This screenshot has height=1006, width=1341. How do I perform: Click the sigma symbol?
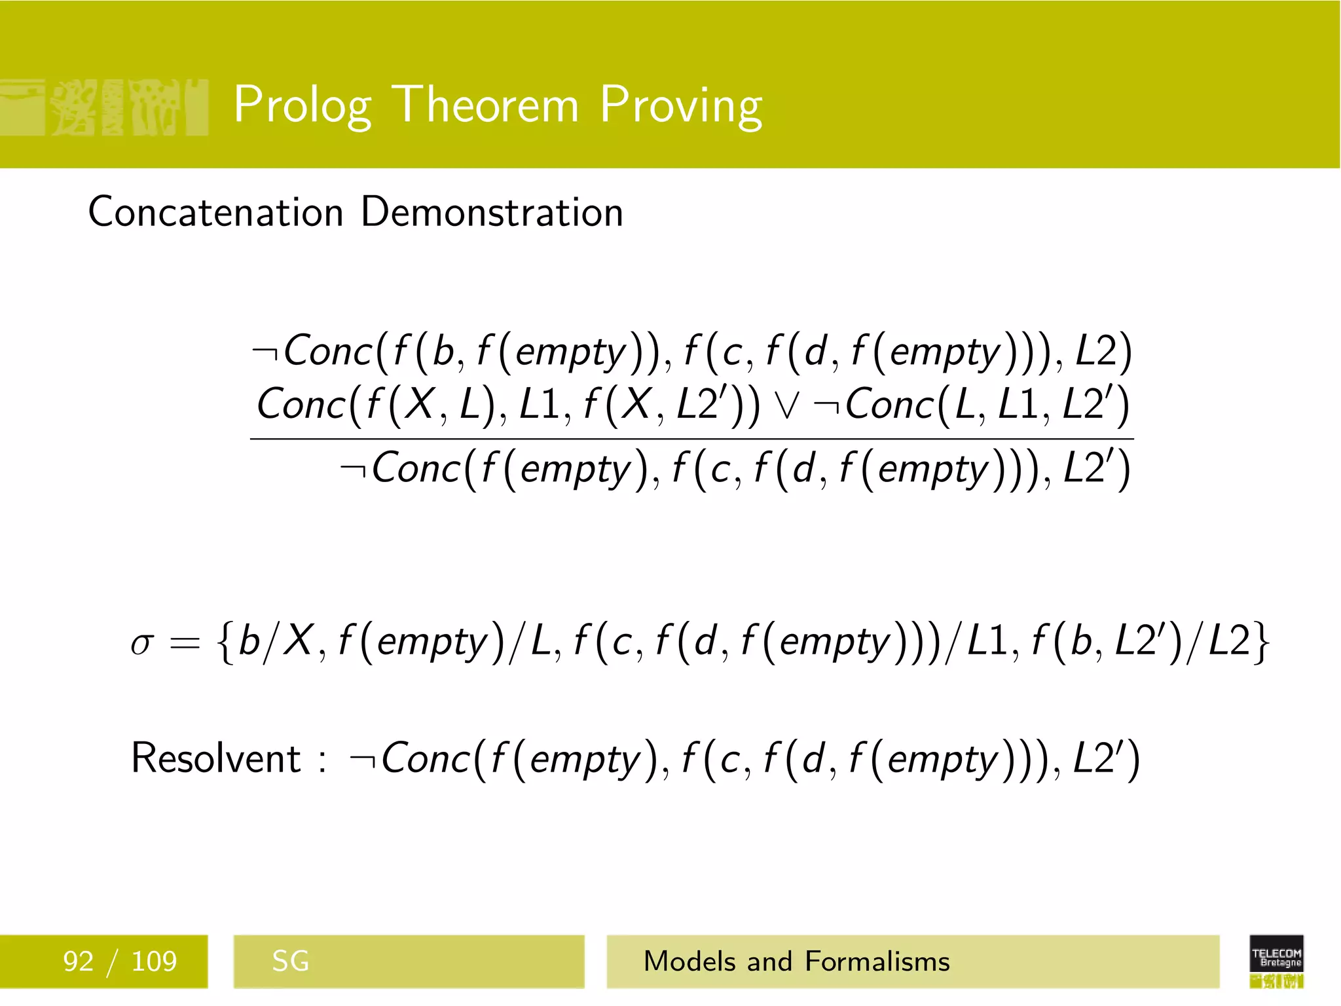pyautogui.click(x=142, y=643)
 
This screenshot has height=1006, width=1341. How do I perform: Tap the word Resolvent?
pyautogui.click(x=216, y=758)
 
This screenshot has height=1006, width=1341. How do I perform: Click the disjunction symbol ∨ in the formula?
pyautogui.click(x=786, y=405)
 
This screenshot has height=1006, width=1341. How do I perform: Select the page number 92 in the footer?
pyautogui.click(x=78, y=961)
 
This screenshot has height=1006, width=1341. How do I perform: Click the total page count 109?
pyautogui.click(x=154, y=961)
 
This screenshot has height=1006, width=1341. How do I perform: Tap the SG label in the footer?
pyautogui.click(x=290, y=961)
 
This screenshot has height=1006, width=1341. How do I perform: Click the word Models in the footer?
pyautogui.click(x=689, y=961)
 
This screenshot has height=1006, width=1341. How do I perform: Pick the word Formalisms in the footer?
pyautogui.click(x=877, y=961)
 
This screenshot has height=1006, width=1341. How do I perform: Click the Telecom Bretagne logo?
pyautogui.click(x=1276, y=961)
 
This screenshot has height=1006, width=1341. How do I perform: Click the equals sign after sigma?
pyautogui.click(x=185, y=643)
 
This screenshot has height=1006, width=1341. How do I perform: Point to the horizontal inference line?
pyautogui.click(x=691, y=439)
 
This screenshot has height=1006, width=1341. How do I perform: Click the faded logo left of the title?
pyautogui.click(x=105, y=107)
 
